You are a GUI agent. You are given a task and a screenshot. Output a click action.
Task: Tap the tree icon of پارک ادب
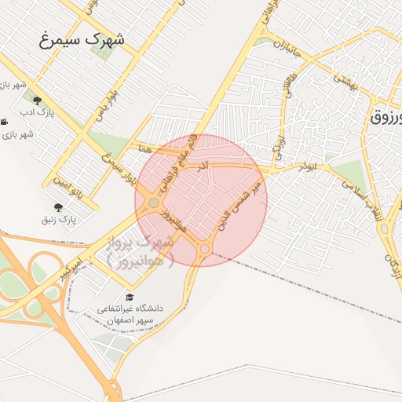click(x=36, y=100)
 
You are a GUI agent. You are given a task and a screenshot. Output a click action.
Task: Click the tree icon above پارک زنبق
click(x=58, y=207)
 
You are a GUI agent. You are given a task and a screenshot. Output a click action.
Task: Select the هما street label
click(x=143, y=148)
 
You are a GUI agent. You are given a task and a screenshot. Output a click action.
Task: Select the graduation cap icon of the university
click(x=130, y=297)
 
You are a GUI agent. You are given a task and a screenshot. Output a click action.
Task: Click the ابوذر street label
click(x=306, y=167)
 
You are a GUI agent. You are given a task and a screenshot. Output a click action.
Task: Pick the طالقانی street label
click(x=291, y=87)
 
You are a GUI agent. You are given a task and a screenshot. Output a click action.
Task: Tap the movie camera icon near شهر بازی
click(x=5, y=121)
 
